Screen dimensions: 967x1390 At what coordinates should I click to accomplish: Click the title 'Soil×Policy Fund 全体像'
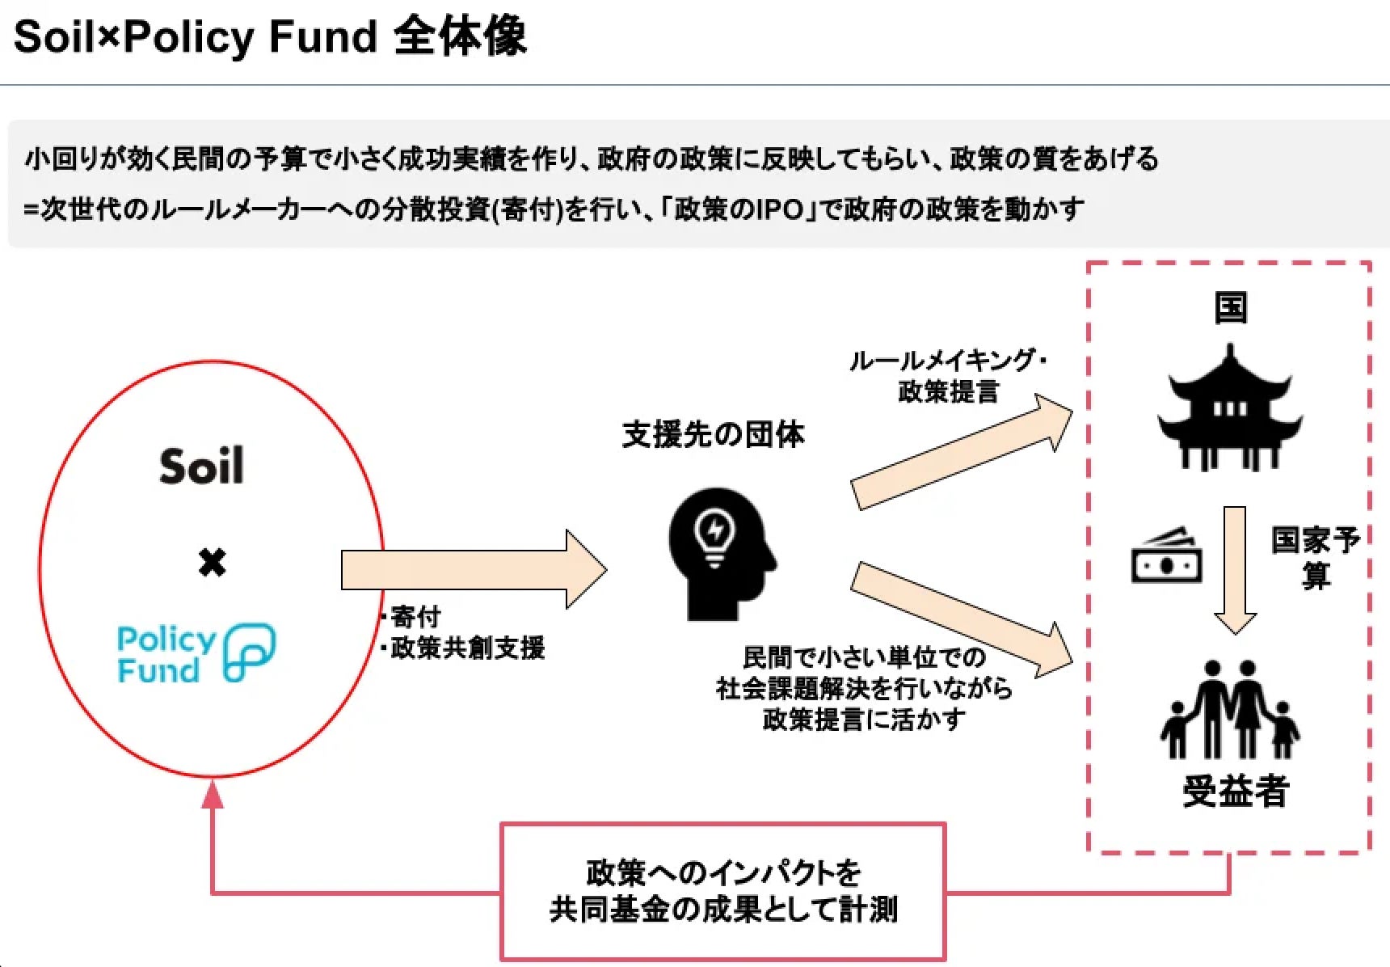(270, 37)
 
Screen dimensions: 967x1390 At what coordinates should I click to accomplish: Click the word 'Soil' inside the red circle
(201, 467)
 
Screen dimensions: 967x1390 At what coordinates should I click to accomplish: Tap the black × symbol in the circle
(212, 562)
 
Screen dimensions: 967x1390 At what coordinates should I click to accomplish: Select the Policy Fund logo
(196, 652)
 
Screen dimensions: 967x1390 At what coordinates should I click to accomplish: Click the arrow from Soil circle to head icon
(473, 569)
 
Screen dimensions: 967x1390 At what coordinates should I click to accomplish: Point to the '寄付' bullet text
(415, 617)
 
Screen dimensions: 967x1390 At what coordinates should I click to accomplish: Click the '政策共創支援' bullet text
(467, 648)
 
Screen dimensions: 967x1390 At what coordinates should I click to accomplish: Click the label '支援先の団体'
(713, 435)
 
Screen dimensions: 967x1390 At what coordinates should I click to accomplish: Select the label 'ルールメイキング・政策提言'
(948, 376)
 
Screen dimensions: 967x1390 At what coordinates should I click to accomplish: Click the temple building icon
(1229, 409)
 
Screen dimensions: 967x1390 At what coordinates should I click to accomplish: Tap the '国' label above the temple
(1230, 308)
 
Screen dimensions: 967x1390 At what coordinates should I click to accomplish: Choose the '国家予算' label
(1315, 557)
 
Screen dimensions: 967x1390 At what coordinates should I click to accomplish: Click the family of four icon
(1229, 712)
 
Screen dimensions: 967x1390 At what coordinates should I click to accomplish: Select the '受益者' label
(1235, 791)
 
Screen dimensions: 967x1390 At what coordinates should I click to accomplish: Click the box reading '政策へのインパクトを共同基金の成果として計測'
(722, 891)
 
